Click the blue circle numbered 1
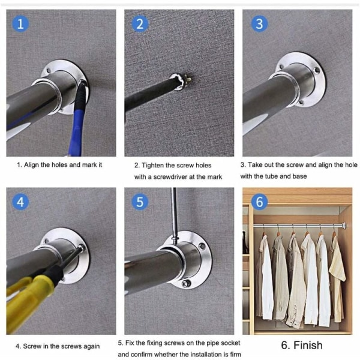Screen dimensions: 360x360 coord(20,23)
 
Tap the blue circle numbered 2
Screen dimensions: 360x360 coord(140,23)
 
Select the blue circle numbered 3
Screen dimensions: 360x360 coord(259,23)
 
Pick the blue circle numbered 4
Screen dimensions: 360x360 coord(20,202)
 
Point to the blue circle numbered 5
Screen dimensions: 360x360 coord(140,202)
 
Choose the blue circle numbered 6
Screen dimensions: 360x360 coord(259,202)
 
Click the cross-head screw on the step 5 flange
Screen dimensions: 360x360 coord(186,284)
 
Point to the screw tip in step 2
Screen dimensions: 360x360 coord(189,80)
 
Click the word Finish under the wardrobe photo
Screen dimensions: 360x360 coord(308,346)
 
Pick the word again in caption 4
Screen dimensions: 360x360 coord(91,346)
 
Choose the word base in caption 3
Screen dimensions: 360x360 coord(299,176)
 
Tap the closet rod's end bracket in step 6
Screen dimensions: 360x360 coord(344,225)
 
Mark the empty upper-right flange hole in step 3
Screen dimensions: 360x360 coord(317,70)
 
